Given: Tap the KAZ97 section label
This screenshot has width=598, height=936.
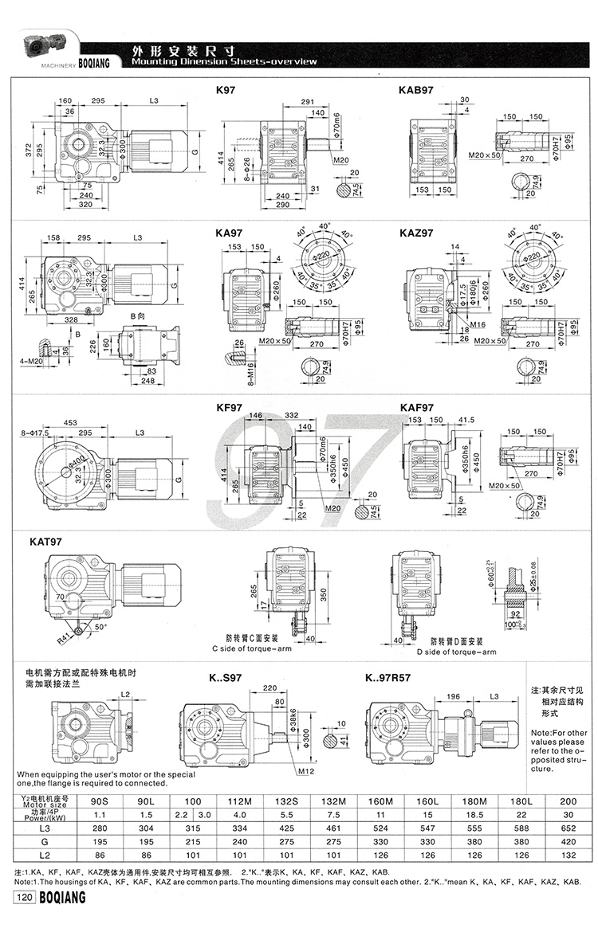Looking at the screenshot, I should tap(415, 233).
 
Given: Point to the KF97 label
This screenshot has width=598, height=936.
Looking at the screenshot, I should tap(229, 408).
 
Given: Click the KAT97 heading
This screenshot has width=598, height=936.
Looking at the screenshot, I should tap(45, 542).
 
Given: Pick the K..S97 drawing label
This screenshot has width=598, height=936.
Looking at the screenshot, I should tap(226, 679).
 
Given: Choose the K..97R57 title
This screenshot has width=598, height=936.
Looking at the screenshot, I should tap(388, 679).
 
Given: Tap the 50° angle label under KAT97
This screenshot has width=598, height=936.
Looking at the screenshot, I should tap(100, 627).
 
